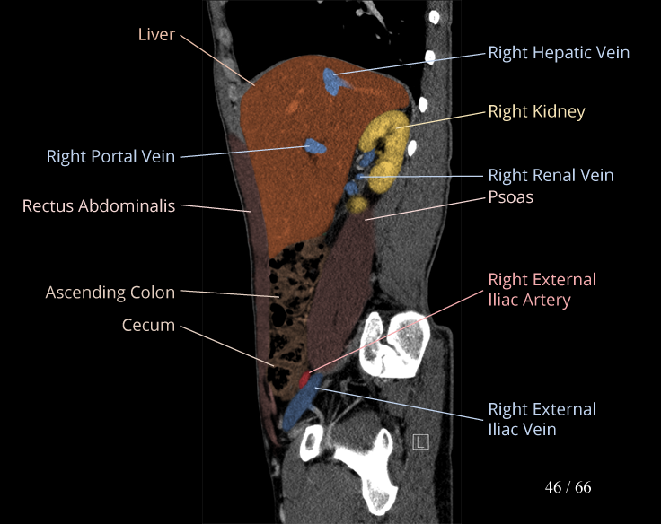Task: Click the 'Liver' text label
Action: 156,35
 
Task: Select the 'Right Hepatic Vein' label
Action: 559,53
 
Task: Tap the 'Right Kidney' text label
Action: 536,112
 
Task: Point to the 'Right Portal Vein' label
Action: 111,157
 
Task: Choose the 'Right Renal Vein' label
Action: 551,176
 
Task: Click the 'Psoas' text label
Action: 510,196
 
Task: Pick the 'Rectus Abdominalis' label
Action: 99,206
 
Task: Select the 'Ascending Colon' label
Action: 110,293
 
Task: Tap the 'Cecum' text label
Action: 148,325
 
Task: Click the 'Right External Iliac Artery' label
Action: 542,290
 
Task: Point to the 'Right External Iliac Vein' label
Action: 542,419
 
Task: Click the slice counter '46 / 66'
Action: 568,488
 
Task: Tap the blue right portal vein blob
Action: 314,145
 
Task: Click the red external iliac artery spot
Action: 304,380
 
